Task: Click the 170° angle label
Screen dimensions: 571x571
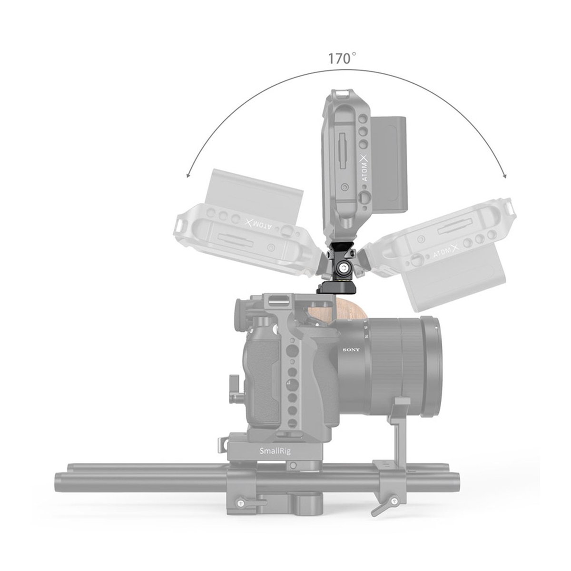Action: [342, 59]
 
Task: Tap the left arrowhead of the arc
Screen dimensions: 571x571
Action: [188, 175]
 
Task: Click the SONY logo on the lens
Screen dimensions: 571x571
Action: [351, 350]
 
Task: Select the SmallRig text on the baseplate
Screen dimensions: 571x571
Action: [275, 459]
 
